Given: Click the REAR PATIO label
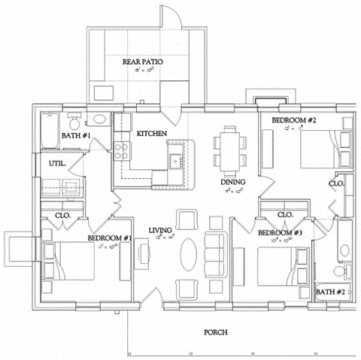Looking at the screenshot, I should click(143, 62).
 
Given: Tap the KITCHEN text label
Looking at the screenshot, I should click(151, 134).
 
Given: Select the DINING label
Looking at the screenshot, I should click(232, 183).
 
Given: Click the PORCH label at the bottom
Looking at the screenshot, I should click(217, 331).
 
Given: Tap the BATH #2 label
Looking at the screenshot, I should click(330, 291).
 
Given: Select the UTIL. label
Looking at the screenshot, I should click(57, 162).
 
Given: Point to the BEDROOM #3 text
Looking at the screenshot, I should click(280, 234).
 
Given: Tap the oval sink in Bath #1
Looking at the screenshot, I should click(99, 119).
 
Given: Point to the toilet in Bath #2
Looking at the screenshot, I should click(341, 271).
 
